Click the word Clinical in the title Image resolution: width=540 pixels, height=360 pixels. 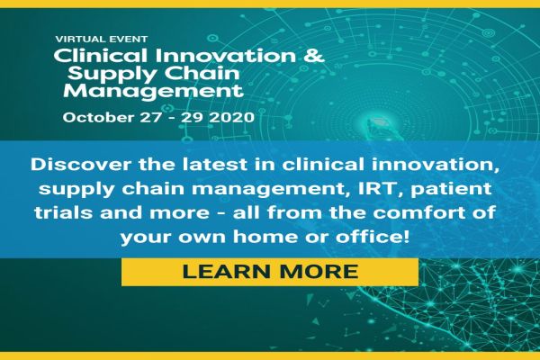[x=91, y=56]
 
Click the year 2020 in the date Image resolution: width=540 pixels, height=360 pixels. [x=235, y=117]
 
